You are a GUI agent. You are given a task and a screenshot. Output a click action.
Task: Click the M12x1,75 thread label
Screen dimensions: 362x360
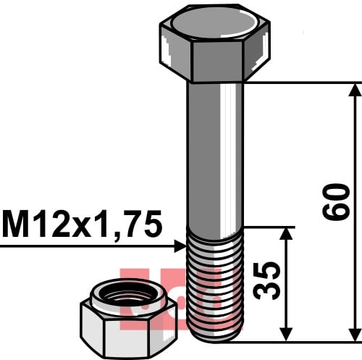coord(82,225)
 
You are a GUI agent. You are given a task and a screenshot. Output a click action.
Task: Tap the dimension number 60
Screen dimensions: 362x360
coord(335,202)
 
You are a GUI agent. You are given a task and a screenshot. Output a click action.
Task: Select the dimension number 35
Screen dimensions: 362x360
coord(266,280)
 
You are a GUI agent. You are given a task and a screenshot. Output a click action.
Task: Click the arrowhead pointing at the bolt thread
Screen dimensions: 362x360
coord(180,246)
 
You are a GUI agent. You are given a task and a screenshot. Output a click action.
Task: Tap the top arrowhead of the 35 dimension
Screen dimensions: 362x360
coord(286,234)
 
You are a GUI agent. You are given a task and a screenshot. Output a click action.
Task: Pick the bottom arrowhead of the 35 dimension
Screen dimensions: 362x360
coord(286,335)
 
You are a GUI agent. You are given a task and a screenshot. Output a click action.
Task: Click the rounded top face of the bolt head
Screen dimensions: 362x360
coord(214,24)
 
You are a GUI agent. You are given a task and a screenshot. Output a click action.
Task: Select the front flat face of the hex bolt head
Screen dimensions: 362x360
coord(216,61)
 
